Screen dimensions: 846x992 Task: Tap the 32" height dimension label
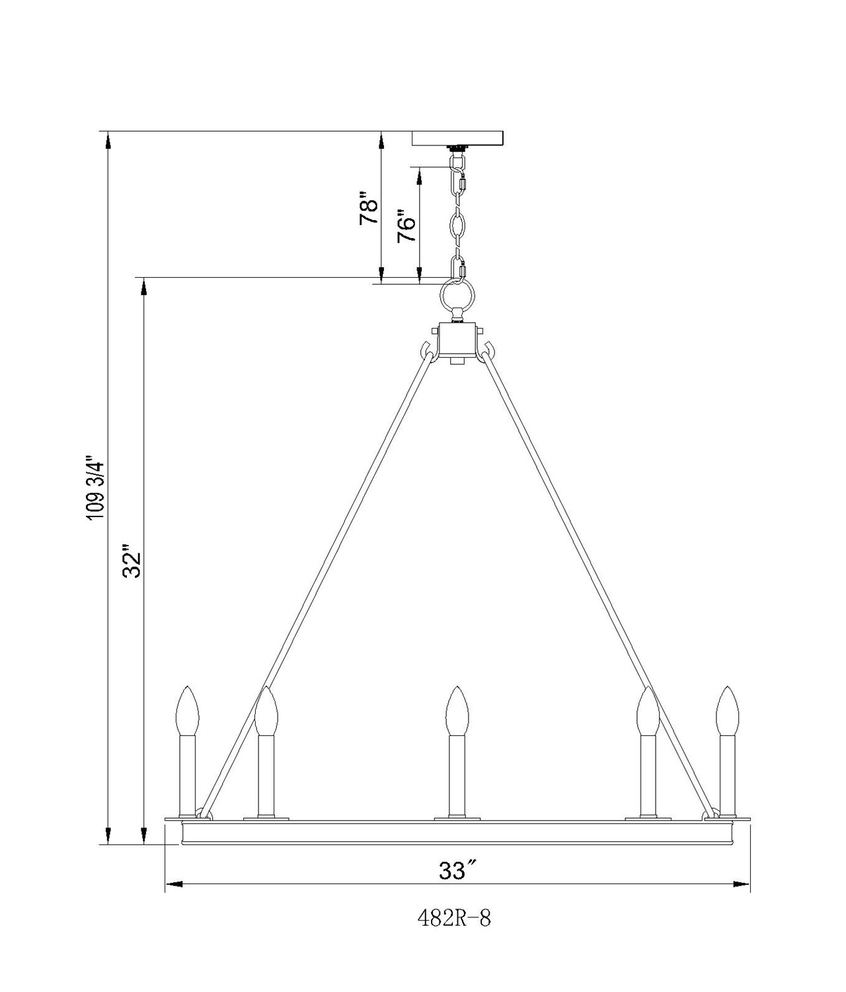pos(133,561)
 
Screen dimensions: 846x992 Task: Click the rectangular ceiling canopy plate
pos(457,138)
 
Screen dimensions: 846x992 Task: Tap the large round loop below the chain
pos(458,297)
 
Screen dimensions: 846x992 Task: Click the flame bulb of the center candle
pos(456,718)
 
